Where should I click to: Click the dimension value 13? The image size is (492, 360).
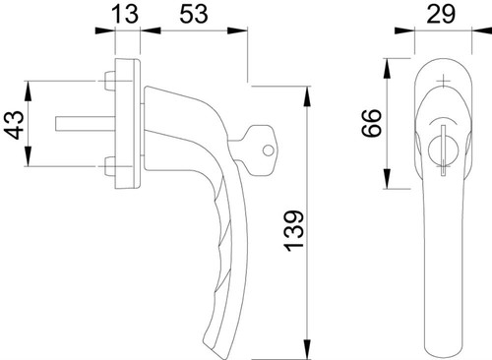[x=125, y=15]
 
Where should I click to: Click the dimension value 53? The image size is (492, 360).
[x=194, y=15]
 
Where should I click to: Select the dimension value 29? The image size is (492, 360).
[x=441, y=15]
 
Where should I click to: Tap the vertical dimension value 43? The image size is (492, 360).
[x=14, y=125]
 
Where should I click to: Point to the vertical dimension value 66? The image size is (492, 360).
[x=372, y=123]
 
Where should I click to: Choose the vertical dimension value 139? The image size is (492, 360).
[x=294, y=231]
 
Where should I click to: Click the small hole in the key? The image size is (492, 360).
[x=268, y=150]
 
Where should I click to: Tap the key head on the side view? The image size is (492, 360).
[x=259, y=150]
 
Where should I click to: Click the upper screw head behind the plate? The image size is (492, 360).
[x=110, y=81]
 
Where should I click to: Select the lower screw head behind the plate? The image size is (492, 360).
[x=110, y=166]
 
